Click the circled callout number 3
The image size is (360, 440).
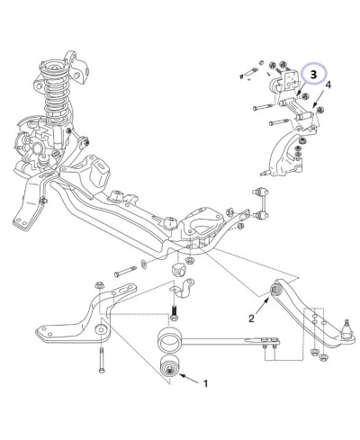313,75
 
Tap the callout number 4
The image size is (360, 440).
328,85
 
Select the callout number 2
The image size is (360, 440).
251,319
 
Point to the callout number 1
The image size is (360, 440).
205,383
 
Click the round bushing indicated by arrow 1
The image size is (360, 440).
170,365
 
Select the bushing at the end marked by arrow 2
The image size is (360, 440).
275,290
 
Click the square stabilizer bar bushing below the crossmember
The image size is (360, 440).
177,270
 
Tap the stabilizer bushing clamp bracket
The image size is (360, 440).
183,288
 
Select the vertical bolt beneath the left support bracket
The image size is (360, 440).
102,360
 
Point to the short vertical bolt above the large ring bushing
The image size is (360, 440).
175,313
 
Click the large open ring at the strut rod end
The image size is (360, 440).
169,340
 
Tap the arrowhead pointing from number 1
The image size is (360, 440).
182,375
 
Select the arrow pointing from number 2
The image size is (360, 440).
262,305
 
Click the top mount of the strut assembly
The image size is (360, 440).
54,67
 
